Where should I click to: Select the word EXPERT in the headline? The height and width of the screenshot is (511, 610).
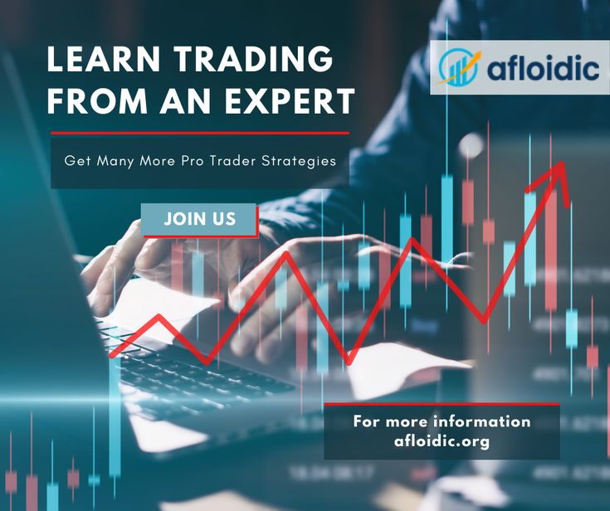[x=290, y=101]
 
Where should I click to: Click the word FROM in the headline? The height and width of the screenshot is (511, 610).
[x=97, y=101]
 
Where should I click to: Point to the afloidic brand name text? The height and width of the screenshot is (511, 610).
[x=543, y=69]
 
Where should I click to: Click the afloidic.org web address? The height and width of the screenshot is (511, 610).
[x=442, y=441]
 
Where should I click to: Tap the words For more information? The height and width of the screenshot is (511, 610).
[x=442, y=421]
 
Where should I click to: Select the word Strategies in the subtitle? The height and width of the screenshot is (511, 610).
[x=299, y=161]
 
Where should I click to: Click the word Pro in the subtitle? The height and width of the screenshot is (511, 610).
[x=193, y=161]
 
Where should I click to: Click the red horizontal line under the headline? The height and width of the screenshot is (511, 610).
[x=200, y=133]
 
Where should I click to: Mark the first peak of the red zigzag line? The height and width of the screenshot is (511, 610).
[x=159, y=316]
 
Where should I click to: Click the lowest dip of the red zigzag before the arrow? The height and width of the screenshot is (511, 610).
[x=349, y=363]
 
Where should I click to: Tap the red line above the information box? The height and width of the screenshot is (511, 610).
[x=442, y=404]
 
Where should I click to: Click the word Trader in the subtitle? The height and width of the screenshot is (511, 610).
[x=232, y=161]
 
